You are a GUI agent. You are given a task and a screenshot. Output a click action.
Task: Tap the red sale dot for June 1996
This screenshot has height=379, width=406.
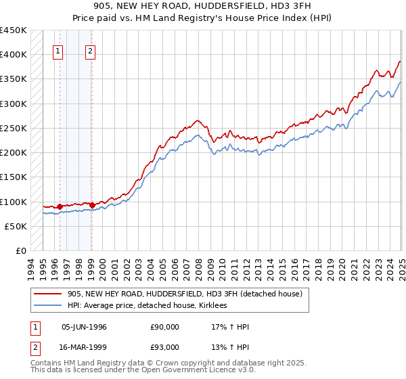(60, 206)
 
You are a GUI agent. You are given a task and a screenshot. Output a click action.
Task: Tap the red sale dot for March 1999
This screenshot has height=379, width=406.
(92, 204)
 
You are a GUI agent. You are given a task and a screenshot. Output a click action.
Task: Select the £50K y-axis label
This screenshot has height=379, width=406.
(16, 226)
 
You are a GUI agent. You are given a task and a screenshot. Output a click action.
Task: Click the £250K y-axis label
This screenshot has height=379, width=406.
(13, 128)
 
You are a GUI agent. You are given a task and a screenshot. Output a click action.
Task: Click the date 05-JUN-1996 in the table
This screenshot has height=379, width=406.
(84, 327)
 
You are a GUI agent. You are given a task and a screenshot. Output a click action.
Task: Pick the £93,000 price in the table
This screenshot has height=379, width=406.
(164, 347)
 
